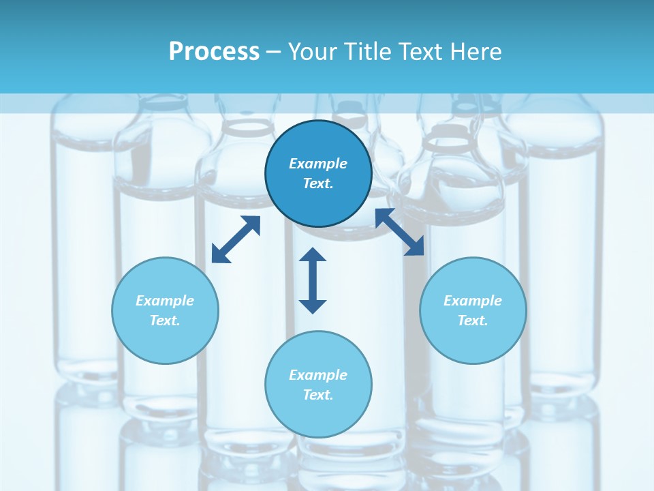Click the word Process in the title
click(214, 52)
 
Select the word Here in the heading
click(476, 52)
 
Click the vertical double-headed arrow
click(313, 280)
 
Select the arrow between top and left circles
click(236, 239)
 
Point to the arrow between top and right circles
click(400, 233)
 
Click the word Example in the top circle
click(318, 164)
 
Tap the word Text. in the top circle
click(318, 183)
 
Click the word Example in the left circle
click(165, 301)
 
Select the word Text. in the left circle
click(165, 321)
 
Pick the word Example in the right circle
click(473, 301)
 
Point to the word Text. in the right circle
click(473, 321)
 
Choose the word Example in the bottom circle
click(318, 375)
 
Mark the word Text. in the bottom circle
click(318, 395)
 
